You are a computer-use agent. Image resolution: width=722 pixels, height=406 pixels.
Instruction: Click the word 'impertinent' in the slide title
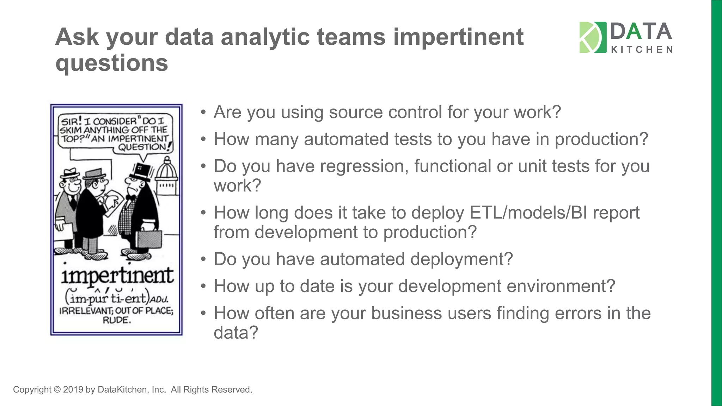(x=458, y=37)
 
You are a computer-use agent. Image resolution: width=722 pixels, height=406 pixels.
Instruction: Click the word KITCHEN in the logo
(x=641, y=50)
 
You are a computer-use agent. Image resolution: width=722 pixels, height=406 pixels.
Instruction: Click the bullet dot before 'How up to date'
(x=203, y=286)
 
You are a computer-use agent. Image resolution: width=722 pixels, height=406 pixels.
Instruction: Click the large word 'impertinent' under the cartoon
(x=117, y=276)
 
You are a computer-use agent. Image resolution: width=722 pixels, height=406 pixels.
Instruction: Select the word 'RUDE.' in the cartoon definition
(x=117, y=320)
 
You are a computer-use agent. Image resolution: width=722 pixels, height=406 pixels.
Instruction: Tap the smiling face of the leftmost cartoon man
(x=72, y=185)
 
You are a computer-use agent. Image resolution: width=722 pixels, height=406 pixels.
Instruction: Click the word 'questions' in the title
(x=112, y=63)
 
